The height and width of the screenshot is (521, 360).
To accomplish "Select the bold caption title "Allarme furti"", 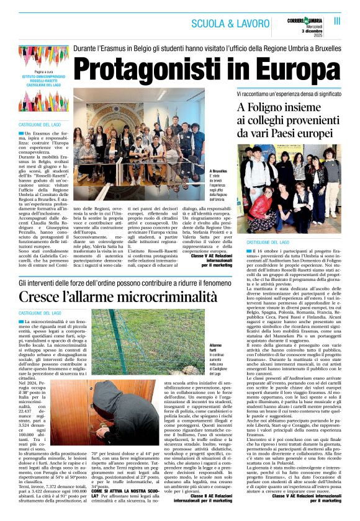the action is pyautogui.click(x=217, y=347).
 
